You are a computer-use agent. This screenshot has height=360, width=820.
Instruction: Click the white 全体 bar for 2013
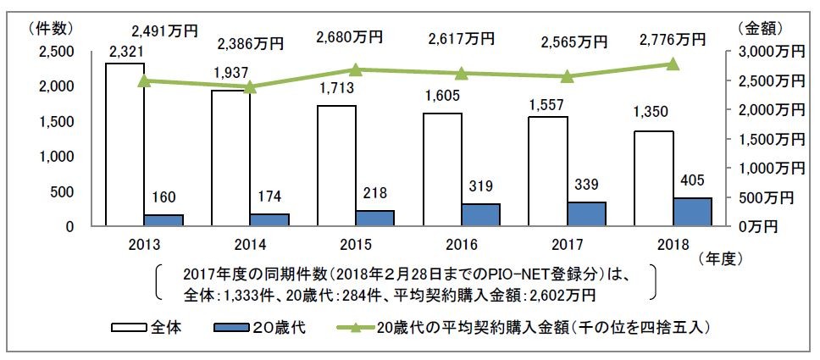pos(125,144)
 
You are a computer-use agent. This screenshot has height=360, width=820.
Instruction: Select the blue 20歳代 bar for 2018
pos(692,212)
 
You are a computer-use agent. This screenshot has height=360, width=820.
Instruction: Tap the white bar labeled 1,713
pos(336,166)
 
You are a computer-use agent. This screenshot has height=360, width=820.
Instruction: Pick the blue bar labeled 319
pos(480,215)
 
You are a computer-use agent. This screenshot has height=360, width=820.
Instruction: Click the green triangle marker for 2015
pos(356,70)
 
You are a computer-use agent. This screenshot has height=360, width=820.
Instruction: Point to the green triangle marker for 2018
pos(673,64)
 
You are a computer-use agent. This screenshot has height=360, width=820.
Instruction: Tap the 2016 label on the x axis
pos(463,245)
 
